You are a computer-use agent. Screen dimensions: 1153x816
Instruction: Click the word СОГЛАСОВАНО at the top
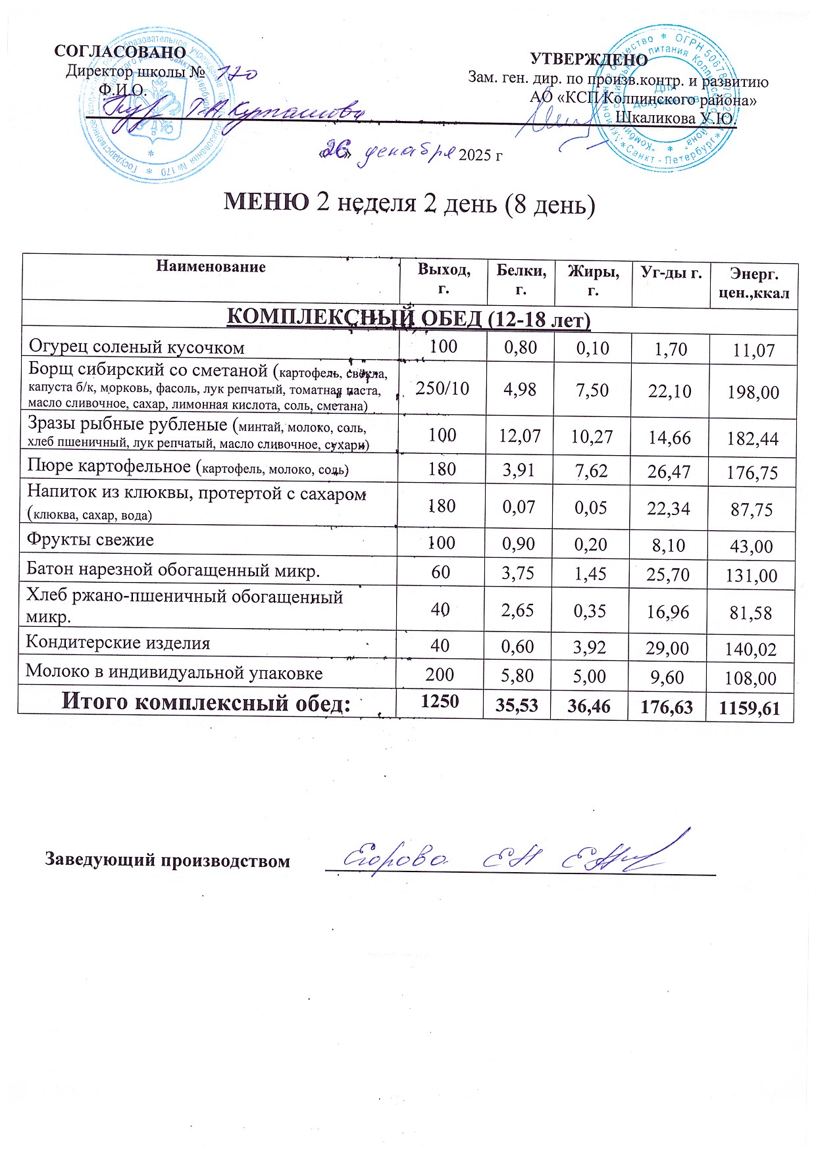pyautogui.click(x=120, y=52)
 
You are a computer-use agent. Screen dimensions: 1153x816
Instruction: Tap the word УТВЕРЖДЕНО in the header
pyautogui.click(x=588, y=60)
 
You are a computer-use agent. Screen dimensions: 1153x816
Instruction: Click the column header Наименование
pyautogui.click(x=211, y=267)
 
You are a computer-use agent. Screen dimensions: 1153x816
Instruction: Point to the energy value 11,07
pyautogui.click(x=754, y=351)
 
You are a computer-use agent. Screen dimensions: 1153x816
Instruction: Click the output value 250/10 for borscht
pyautogui.click(x=442, y=389)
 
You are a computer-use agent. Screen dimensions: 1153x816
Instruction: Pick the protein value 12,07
pyautogui.click(x=520, y=435)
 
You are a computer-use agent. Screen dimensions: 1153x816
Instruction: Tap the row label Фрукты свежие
pyautogui.click(x=90, y=540)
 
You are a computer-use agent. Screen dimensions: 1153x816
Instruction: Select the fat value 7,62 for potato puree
pyautogui.click(x=591, y=471)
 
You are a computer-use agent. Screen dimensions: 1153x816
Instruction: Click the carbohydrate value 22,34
pyautogui.click(x=669, y=508)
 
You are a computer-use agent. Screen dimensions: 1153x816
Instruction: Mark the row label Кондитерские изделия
pyautogui.click(x=118, y=643)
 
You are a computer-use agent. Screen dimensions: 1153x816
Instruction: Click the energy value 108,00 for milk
pyautogui.click(x=751, y=679)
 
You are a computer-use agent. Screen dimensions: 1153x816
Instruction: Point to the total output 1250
pyautogui.click(x=440, y=701)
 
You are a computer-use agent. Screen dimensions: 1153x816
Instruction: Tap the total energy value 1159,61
pyautogui.click(x=750, y=708)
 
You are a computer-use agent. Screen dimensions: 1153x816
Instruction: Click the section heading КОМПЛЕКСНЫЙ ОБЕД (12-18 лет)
pyautogui.click(x=408, y=319)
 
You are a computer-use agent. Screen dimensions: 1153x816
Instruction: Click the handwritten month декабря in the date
pyautogui.click(x=409, y=153)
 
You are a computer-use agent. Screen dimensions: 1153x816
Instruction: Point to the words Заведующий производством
pyautogui.click(x=167, y=860)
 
